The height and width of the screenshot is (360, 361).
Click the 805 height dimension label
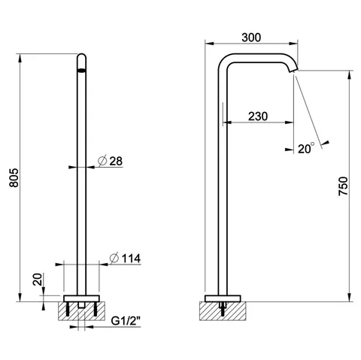pyautogui.click(x=14, y=177)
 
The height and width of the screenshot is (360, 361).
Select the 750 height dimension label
pyautogui.click(x=343, y=186)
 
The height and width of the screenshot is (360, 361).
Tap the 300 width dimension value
pyautogui.click(x=251, y=38)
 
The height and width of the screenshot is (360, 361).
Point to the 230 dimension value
pyautogui.click(x=258, y=116)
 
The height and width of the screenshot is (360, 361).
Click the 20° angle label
pyautogui.click(x=306, y=148)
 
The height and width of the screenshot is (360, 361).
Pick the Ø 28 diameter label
pyautogui.click(x=111, y=161)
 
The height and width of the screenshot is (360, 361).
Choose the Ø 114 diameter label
pyautogui.click(x=125, y=259)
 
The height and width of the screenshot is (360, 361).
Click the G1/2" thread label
pyautogui.click(x=126, y=321)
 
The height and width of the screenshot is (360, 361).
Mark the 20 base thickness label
pyautogui.click(x=38, y=280)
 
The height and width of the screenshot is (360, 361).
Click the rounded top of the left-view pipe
pyautogui.click(x=81, y=56)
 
